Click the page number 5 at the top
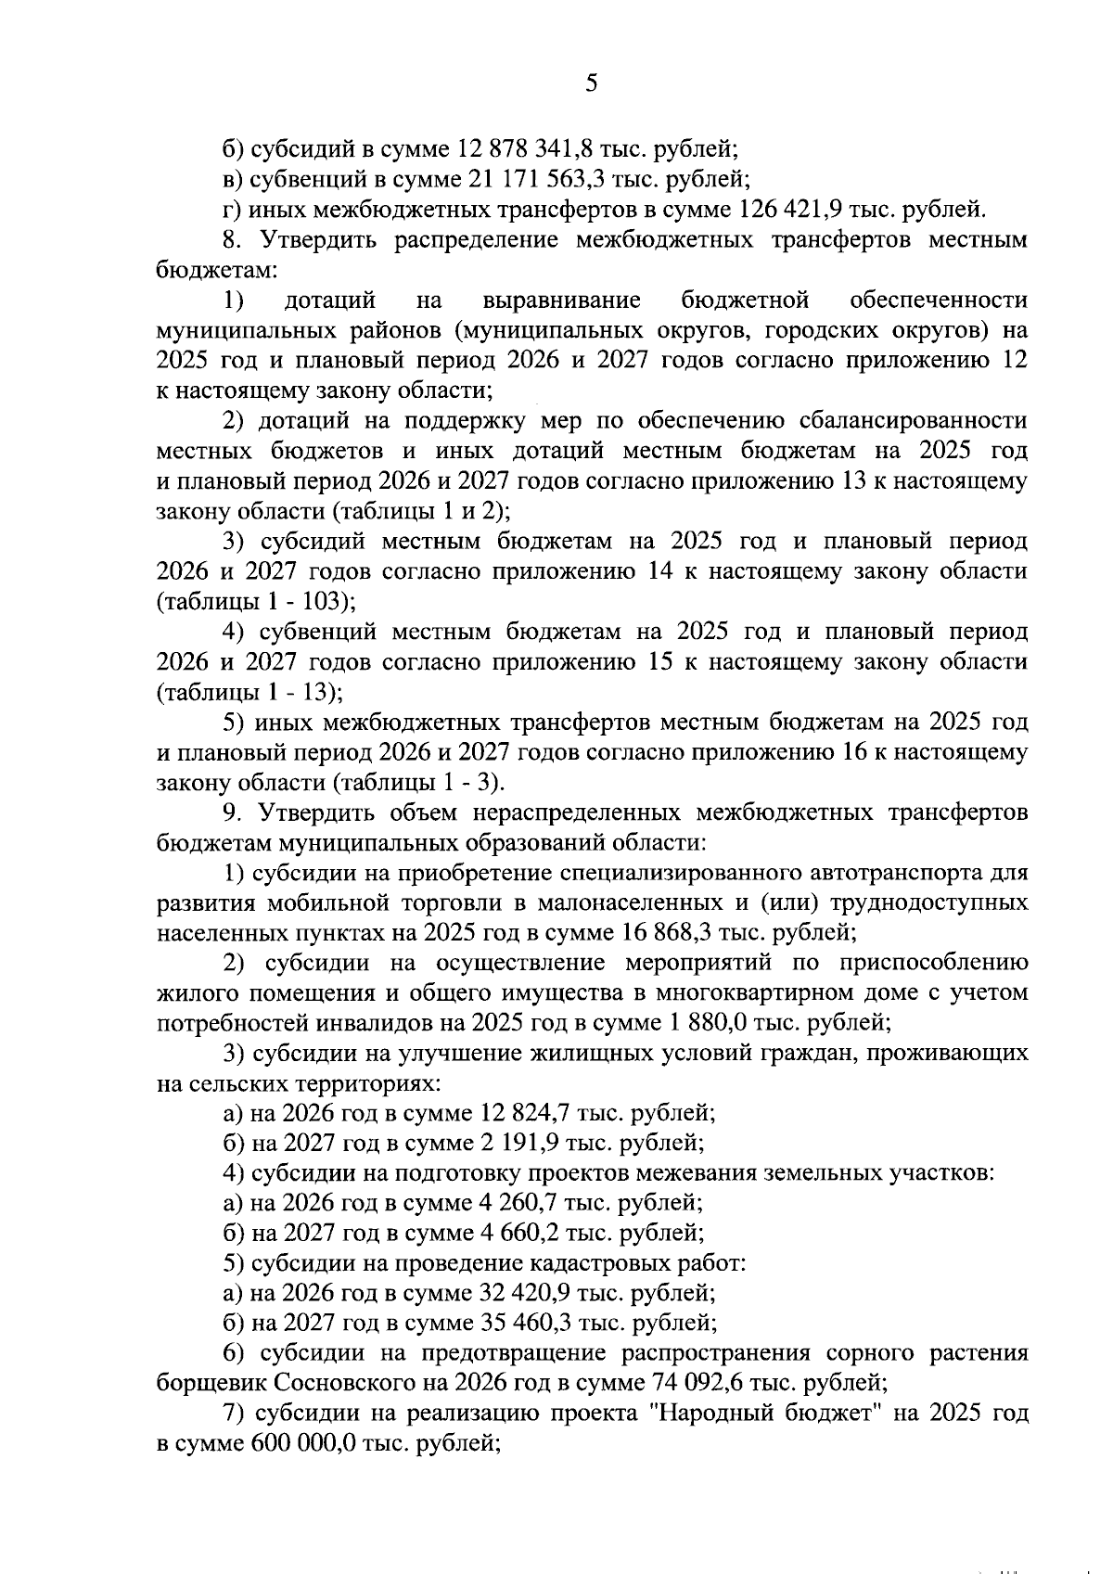coord(591,83)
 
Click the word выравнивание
coord(562,300)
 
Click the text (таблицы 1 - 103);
coord(256,602)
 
